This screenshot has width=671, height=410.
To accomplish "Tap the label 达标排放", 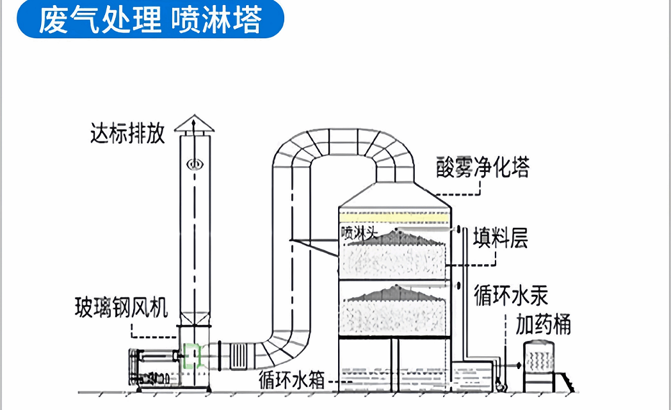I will (x=127, y=134).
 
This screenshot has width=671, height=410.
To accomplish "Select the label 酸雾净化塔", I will (x=483, y=168).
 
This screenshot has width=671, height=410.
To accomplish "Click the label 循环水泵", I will (x=511, y=296).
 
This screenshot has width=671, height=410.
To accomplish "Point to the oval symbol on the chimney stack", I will (x=194, y=164).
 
